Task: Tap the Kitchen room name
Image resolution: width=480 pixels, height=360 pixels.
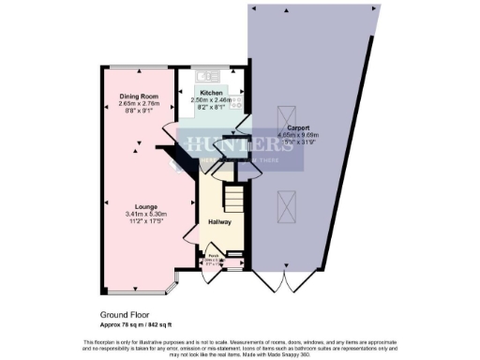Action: [210, 93]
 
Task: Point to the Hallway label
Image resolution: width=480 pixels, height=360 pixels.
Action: [218, 222]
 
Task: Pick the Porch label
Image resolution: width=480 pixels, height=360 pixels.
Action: [213, 255]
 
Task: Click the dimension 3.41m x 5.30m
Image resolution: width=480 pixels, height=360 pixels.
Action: [137, 214]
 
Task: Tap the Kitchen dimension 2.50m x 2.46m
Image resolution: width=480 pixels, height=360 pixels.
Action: [210, 100]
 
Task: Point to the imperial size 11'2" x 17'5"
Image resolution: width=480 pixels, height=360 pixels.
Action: [137, 221]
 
